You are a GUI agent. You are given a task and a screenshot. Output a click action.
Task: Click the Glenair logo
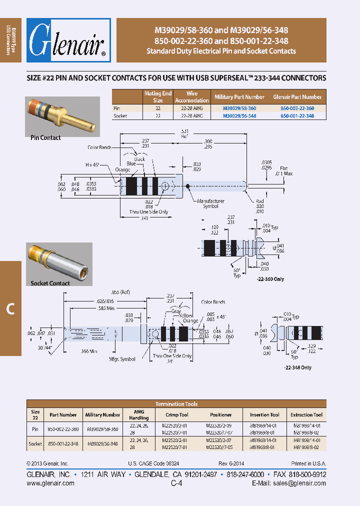(x=68, y=40)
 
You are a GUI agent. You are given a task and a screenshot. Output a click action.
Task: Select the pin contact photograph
(x=58, y=116)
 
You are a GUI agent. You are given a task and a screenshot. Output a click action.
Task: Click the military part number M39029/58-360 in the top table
(x=239, y=108)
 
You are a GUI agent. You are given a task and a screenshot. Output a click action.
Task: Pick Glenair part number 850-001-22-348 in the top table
(x=297, y=115)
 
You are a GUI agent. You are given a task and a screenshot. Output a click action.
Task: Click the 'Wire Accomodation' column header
(x=192, y=96)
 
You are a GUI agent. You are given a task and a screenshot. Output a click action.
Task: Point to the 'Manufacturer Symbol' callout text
(x=210, y=203)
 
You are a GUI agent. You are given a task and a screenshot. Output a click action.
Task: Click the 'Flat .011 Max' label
(x=286, y=171)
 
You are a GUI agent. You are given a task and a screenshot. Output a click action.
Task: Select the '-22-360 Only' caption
(x=269, y=279)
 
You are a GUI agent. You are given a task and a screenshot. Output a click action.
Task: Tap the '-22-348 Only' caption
(x=297, y=367)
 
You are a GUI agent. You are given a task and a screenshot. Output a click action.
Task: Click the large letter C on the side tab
(x=10, y=309)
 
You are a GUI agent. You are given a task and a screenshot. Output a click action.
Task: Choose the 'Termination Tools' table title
(x=176, y=404)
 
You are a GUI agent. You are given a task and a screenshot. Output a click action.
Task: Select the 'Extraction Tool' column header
(x=306, y=414)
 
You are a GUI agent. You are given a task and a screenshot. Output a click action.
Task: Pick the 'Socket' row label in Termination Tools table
(x=35, y=443)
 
